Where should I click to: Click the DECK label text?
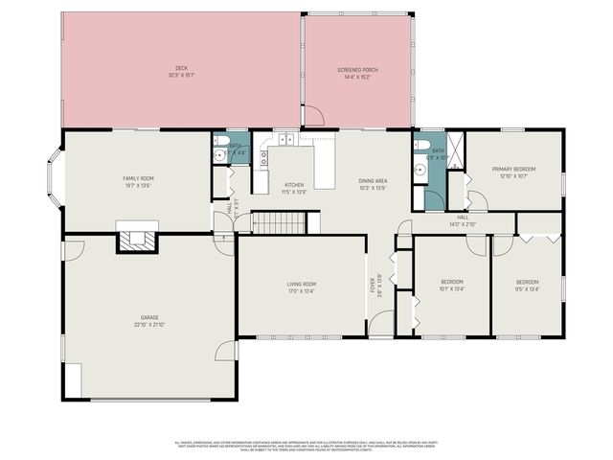pos(181,68)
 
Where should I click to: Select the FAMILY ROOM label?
pos(138,178)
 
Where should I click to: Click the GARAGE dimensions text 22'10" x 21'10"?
pos(149,325)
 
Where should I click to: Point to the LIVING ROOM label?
pos(302,284)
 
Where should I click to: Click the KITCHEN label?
pos(294,184)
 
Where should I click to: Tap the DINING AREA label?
pos(373,180)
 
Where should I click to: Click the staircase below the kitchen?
pos(278,223)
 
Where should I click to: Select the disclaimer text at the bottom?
pos(306,446)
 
